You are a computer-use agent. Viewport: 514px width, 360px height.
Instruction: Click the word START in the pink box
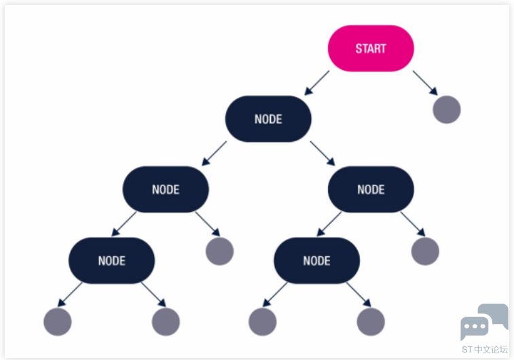click(371, 48)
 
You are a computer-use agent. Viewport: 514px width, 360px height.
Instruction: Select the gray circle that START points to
click(447, 109)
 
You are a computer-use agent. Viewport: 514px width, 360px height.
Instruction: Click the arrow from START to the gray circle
click(425, 83)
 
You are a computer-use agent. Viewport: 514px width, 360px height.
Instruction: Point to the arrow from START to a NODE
click(316, 83)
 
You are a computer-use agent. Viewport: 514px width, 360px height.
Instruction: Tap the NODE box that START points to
click(268, 119)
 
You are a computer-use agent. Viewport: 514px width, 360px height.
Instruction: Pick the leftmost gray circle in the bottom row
click(57, 322)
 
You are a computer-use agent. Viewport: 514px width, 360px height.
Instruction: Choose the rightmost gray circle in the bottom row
click(371, 322)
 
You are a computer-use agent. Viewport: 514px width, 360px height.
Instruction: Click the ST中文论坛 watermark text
click(485, 350)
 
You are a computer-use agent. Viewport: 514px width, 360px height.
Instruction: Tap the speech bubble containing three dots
click(475, 327)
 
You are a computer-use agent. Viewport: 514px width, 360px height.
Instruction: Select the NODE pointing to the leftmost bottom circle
click(111, 260)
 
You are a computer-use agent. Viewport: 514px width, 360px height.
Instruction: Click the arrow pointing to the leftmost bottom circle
click(70, 294)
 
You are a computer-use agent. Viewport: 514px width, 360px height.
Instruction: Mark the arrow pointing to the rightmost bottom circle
click(359, 294)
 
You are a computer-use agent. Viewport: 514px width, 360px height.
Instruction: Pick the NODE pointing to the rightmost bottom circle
click(316, 260)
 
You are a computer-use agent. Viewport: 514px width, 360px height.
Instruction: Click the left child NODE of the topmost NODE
click(166, 190)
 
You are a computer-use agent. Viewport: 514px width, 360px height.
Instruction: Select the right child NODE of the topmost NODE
click(371, 190)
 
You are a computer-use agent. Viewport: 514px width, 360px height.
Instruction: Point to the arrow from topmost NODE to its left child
click(214, 153)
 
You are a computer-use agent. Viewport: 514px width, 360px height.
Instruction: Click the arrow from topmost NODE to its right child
click(323, 153)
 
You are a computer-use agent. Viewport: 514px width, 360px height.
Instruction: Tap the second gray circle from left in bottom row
click(166, 322)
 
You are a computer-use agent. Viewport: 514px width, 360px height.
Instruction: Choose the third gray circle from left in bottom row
click(262, 322)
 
